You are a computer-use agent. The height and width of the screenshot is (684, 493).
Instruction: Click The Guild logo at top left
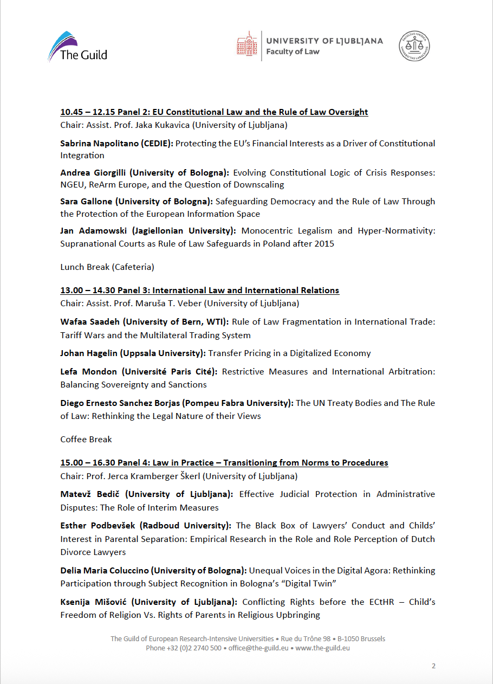coord(77,47)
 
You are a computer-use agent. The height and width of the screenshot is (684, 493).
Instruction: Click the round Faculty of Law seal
coord(416,46)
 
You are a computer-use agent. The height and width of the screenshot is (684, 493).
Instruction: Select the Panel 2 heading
coord(214,112)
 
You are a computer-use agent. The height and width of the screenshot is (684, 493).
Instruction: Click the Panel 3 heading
coord(199,290)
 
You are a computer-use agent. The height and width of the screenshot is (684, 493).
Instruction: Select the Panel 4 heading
coord(224,463)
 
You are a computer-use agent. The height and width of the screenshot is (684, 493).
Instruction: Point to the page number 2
coord(433,666)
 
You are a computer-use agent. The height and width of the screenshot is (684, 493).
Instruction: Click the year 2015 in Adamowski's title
coord(323,244)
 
